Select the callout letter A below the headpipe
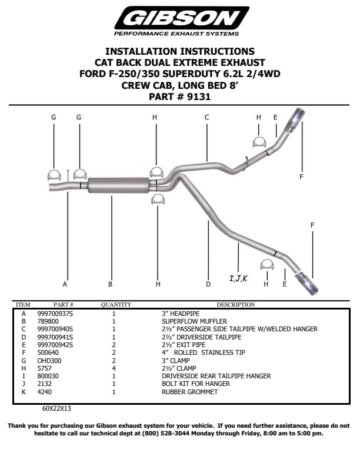tap(65, 284)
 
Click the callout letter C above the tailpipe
tap(207, 117)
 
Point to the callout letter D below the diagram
tap(208, 284)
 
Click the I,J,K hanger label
tap(238, 278)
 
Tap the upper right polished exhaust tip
tap(294, 119)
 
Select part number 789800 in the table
tap(47, 322)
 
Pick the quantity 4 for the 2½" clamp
tap(114, 368)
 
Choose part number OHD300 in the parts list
tap(48, 361)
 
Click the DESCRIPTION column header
tap(235, 305)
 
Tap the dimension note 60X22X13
tap(56, 407)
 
